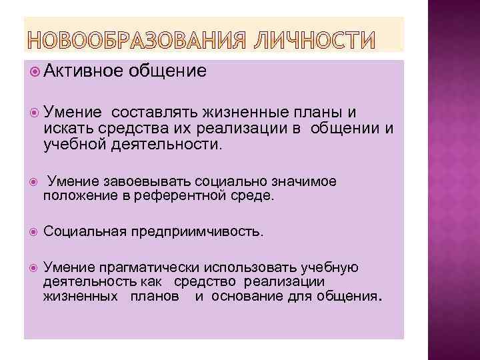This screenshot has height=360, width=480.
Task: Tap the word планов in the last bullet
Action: point(154,296)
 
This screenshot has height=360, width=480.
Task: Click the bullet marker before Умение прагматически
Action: point(34,267)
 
